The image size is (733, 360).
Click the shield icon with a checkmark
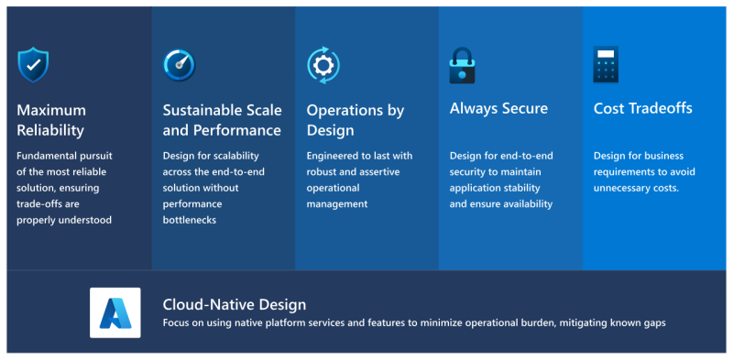[33, 65]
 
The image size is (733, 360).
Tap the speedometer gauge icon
[179, 65]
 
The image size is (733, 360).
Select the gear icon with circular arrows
[323, 65]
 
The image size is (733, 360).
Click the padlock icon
[462, 65]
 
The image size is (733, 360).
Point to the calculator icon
[606, 64]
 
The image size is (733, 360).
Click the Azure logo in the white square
[115, 312]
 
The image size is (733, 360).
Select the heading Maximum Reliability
[51, 120]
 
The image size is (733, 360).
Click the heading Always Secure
[498, 108]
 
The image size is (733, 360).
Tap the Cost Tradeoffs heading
[643, 108]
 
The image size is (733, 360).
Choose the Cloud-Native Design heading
[235, 305]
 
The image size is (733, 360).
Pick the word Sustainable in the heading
[196, 110]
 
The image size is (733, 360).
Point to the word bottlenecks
[190, 220]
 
